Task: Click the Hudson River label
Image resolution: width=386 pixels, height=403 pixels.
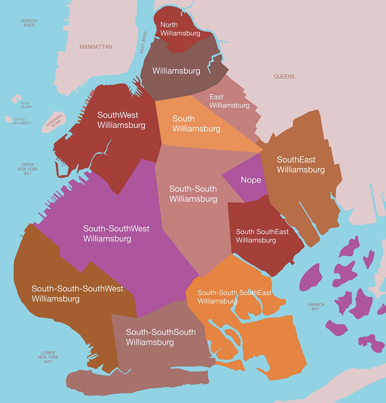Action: tap(29, 23)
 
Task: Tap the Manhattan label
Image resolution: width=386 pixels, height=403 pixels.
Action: tap(96, 47)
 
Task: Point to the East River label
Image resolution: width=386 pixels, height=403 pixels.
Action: tap(143, 42)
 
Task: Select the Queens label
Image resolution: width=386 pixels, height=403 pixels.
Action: tap(284, 76)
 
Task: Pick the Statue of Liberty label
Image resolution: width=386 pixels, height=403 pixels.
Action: tap(22, 121)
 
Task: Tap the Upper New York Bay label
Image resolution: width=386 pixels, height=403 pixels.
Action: tap(28, 169)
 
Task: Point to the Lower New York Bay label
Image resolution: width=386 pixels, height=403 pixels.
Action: tap(48, 357)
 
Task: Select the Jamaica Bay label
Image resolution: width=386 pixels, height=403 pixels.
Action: tap(315, 307)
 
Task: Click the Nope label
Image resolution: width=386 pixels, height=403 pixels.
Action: tap(251, 180)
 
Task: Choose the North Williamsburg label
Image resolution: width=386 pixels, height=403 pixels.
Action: tap(180, 29)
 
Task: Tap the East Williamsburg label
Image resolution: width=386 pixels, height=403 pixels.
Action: tap(229, 101)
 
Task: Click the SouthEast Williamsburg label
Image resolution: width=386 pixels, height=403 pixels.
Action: tap(300, 165)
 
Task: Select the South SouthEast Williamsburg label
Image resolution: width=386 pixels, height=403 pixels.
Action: tap(262, 236)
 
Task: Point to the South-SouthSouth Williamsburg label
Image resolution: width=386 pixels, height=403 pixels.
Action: tap(161, 337)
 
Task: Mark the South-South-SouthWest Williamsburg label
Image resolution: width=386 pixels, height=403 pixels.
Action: tap(77, 293)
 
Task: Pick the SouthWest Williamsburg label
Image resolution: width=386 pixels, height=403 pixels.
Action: tap(121, 120)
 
